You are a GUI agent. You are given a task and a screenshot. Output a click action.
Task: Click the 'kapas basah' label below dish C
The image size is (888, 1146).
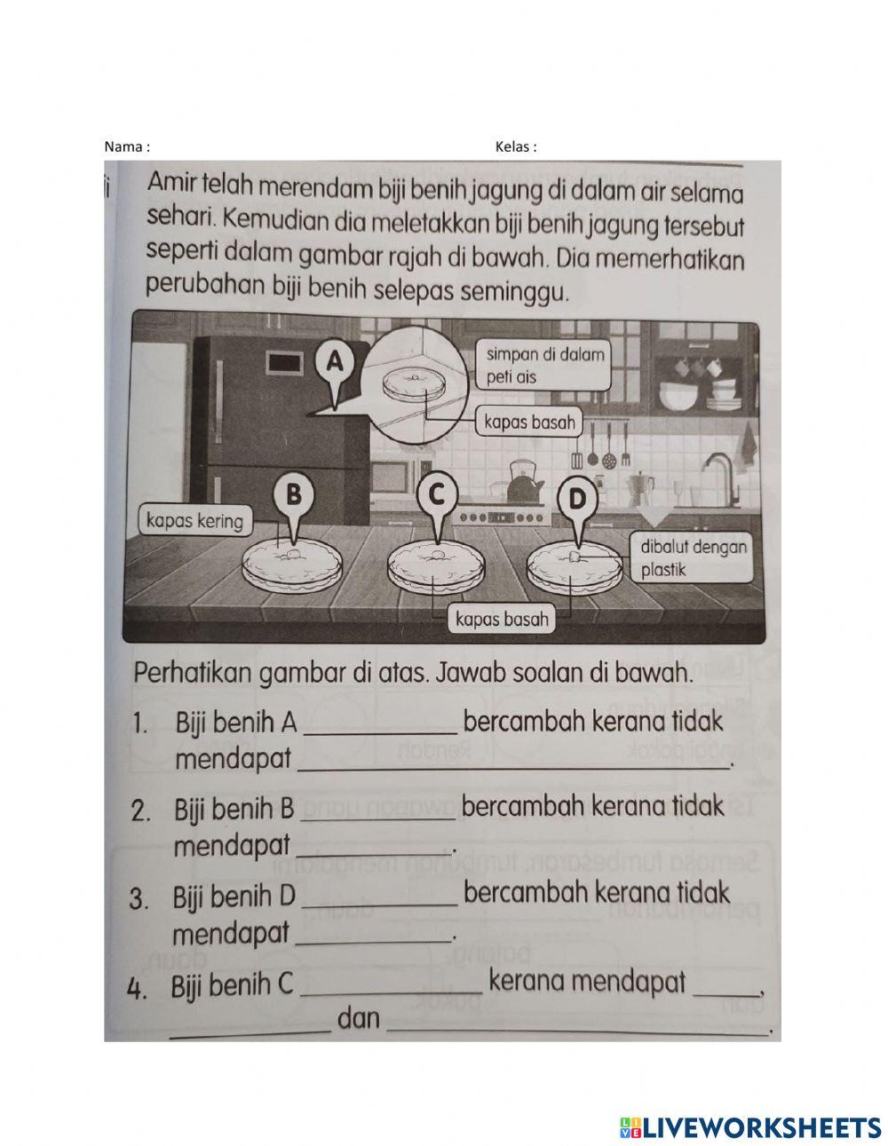point(503,619)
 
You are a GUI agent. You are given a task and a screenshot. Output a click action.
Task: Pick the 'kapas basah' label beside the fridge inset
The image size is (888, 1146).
point(530,422)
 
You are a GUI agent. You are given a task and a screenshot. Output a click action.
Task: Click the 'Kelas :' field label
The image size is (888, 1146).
point(516,147)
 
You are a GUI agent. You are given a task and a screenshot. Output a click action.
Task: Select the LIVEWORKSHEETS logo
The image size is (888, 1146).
point(750,1126)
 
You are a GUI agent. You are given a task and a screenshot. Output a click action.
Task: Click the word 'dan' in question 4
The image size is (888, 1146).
point(359,1019)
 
